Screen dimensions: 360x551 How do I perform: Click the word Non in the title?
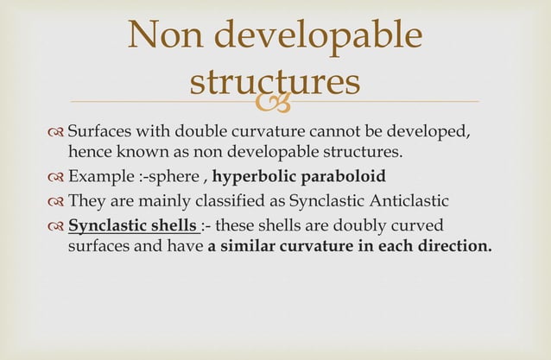[x=161, y=35]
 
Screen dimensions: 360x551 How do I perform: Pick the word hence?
[x=87, y=153]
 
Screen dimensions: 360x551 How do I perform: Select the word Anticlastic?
[x=410, y=202]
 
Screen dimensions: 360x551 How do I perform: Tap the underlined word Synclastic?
[x=101, y=225]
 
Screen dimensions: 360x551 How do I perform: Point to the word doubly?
[x=370, y=225]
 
